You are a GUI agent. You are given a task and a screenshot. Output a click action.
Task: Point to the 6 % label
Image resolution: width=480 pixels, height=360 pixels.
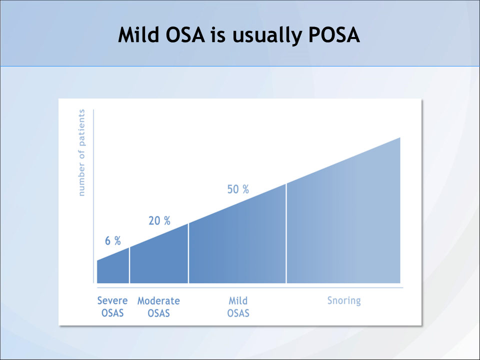point(113,240)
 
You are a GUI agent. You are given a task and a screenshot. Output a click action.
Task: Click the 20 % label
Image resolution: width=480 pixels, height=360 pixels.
point(159,220)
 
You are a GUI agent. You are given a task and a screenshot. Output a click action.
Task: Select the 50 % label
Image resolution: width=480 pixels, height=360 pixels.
point(238,189)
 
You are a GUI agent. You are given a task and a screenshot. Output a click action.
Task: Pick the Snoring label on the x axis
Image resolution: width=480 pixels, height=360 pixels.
point(344,300)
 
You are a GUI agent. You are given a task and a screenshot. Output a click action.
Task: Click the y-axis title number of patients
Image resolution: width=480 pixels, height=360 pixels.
point(82,153)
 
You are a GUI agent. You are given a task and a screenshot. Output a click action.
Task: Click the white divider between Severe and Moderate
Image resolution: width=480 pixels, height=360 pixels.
point(129,265)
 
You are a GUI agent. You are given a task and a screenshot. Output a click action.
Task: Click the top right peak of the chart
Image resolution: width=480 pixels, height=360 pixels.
point(399,139)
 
